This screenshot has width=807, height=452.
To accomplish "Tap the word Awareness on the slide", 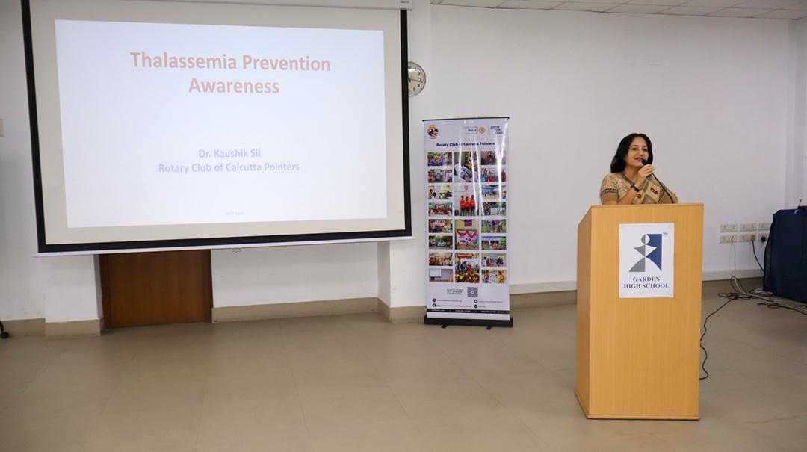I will point(234,86).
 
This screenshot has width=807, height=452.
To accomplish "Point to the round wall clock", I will point(416,78).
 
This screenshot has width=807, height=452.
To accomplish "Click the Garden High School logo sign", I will point(646,260).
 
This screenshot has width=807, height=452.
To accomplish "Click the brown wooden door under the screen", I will point(155,288).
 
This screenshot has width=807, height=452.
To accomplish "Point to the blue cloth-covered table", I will point(785,254).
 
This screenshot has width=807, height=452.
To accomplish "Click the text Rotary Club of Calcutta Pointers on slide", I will point(228,167).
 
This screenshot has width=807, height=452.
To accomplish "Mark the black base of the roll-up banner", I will point(469,322).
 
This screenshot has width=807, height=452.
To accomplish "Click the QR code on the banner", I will point(472,291).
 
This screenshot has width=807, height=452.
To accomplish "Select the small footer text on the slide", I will point(234,214).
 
